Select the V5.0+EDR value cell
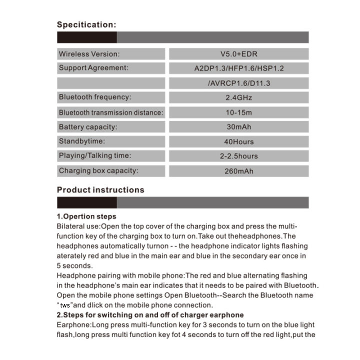pos(238,53)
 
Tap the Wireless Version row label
pos(89,53)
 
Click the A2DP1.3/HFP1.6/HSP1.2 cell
pos(238,68)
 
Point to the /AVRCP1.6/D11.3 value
pos(238,83)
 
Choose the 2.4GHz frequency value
pos(238,97)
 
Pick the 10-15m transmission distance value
pos(238,112)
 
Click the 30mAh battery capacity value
pos(238,127)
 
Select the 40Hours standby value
pos(238,142)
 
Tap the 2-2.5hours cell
pos(238,156)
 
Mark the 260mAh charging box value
pos(238,171)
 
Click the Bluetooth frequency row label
pos(95,97)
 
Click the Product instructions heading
pos(100,190)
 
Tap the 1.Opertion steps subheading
pos(86,217)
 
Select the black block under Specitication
pos(86,37)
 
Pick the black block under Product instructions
pos(86,202)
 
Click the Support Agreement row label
pos(93,67)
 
